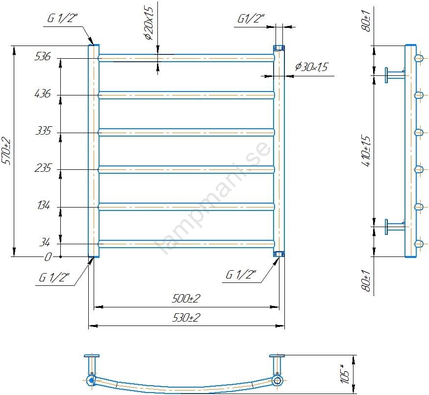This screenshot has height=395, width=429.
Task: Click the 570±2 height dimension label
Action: pos(6,151)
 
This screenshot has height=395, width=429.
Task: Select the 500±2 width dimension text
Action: pos(186,298)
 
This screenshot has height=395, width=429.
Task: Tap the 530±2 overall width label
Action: pos(186,318)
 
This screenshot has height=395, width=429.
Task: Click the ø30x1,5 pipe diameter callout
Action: pos(311,67)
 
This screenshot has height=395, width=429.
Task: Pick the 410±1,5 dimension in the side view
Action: pos(366,150)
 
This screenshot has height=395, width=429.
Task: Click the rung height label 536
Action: pos(43,56)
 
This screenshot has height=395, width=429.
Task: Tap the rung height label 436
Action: pos(43,93)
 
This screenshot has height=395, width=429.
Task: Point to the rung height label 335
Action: pos(43,131)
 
